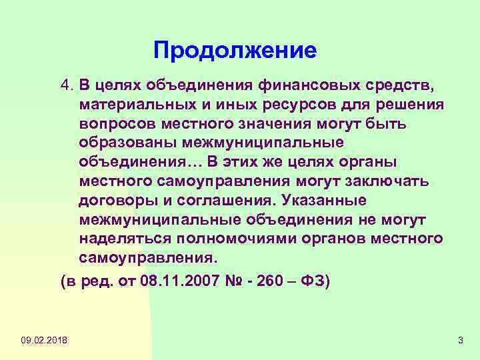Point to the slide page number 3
pos(460,341)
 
